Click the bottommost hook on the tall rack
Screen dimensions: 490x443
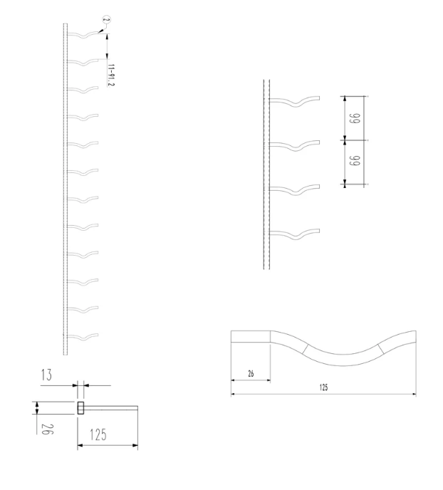click(x=83, y=336)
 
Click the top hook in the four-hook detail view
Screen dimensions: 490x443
click(x=295, y=102)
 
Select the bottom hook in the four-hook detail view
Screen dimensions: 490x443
click(x=295, y=233)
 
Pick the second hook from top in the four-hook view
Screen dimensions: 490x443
click(x=295, y=146)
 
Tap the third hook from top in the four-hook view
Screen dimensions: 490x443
click(x=295, y=190)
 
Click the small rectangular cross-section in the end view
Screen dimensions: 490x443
click(x=80, y=407)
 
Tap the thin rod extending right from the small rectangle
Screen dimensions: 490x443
click(x=110, y=407)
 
